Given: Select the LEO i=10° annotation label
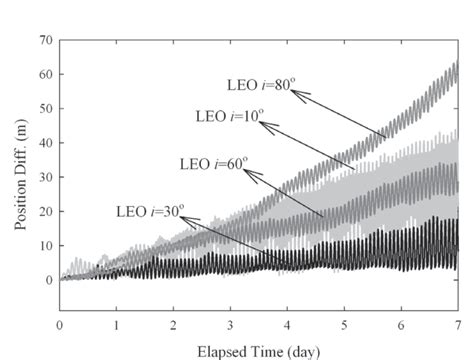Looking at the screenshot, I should click(229, 118).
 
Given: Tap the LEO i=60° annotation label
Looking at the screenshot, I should click(210, 163).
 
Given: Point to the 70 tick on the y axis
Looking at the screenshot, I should click(46, 40).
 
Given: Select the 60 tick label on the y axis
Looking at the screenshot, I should click(46, 74).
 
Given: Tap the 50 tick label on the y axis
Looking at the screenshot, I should click(46, 108).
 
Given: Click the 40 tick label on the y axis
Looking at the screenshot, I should click(46, 143).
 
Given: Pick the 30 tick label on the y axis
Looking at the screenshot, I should click(46, 177).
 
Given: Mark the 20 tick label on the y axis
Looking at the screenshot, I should click(46, 211).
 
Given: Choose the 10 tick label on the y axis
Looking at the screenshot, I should click(46, 246).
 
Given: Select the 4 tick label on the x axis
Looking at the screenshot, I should click(287, 325).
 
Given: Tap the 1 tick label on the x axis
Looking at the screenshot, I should click(116, 325).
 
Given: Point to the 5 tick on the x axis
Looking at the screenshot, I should click(344, 325).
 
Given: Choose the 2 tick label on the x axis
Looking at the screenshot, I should click(173, 325).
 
